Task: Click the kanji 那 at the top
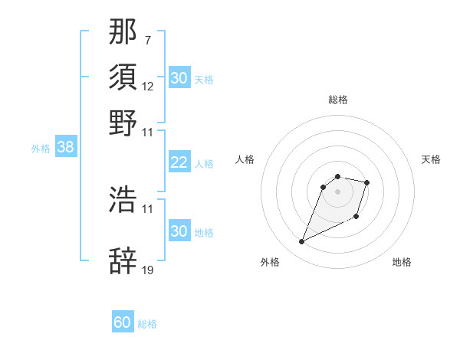[123, 31]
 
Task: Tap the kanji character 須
[123, 77]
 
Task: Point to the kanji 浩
[123, 199]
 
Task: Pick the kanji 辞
[123, 260]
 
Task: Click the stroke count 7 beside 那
[147, 39]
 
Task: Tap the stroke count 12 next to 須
[148, 87]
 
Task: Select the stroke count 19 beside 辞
[148, 270]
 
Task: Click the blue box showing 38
[65, 148]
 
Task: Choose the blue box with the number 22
[179, 162]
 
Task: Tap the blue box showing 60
[122, 322]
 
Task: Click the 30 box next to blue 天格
[179, 78]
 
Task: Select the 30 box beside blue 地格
[179, 231]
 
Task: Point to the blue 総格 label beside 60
[147, 324]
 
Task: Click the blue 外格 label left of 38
[41, 149]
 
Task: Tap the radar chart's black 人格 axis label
[245, 159]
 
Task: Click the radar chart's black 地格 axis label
[402, 262]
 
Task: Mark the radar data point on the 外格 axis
[302, 242]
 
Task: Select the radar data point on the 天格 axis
[367, 182]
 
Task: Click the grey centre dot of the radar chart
[338, 191]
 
